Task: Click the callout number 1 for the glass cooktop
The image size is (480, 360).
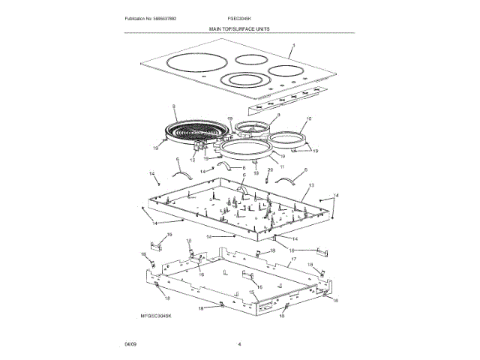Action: coord(294,46)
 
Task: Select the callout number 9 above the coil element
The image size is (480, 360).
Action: coord(173,106)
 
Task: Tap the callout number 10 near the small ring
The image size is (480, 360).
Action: coord(309,118)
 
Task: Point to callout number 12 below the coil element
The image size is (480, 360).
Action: coord(192,160)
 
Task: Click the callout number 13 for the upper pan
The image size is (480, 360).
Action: coord(312,184)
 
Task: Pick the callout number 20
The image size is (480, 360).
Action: coord(270,170)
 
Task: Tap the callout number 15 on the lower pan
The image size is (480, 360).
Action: coord(252,292)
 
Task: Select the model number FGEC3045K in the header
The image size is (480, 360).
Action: coord(238,17)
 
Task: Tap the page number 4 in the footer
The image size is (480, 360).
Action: coord(238,343)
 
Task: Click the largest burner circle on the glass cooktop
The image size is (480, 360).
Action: coord(190,63)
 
